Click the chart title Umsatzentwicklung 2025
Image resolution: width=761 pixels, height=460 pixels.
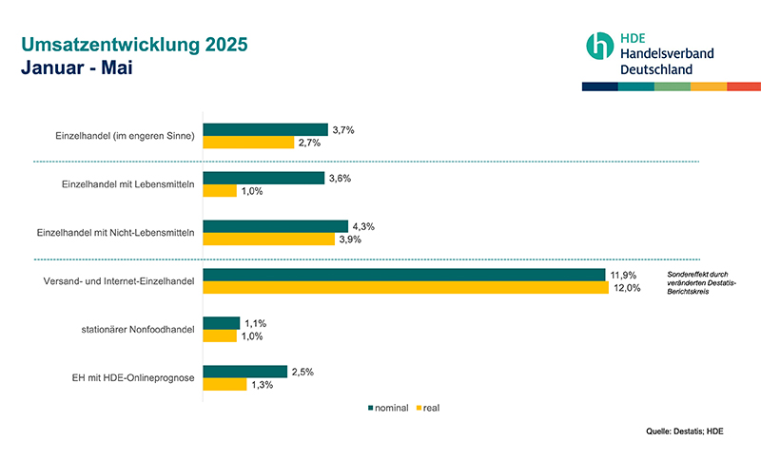point(134,45)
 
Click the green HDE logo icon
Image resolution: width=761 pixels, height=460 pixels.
point(600,46)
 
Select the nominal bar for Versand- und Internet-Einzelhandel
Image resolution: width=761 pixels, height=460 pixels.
point(404,275)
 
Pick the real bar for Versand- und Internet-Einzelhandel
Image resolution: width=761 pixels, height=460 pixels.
point(405,288)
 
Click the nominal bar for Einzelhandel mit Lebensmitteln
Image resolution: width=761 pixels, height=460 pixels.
point(263,178)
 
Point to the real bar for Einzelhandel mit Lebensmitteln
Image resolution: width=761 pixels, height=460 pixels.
point(220,191)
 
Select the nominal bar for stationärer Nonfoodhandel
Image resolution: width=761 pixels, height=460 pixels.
point(222,323)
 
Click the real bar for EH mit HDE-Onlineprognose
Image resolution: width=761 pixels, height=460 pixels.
point(224,385)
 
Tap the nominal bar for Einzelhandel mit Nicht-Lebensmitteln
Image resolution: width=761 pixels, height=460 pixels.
point(276,226)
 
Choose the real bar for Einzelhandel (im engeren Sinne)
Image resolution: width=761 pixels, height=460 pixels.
point(248,143)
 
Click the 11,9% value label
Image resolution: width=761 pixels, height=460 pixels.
point(624,275)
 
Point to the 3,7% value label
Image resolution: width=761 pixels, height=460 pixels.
point(342,129)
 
